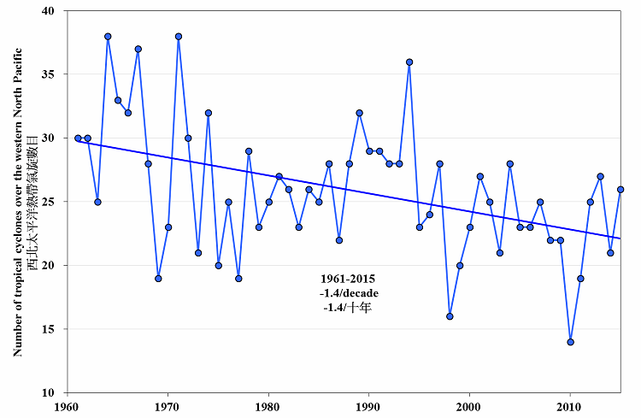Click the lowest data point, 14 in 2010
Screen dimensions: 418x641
tap(570, 342)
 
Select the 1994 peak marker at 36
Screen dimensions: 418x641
tap(409, 62)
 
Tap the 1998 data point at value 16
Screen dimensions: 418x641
tap(450, 316)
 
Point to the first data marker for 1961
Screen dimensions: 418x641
tap(78, 138)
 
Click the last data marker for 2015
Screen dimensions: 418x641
tap(620, 189)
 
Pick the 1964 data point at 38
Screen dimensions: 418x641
tap(108, 36)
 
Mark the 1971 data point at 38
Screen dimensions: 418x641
tap(179, 36)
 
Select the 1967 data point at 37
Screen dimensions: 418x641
tap(138, 49)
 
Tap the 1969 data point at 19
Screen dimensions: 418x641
tap(158, 278)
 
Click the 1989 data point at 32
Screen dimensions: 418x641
tap(359, 113)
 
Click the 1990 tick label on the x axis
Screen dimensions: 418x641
tap(368, 407)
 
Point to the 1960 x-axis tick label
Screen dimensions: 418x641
tap(68, 407)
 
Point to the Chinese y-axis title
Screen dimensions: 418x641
tap(32, 202)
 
